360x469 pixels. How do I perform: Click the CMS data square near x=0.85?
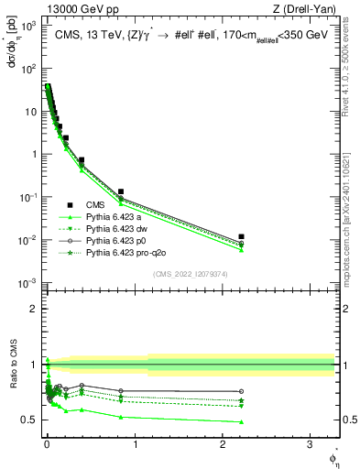coord(121,192)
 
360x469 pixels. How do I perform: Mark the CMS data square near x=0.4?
coord(82,160)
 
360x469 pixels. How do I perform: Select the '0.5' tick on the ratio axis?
coord(26,420)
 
